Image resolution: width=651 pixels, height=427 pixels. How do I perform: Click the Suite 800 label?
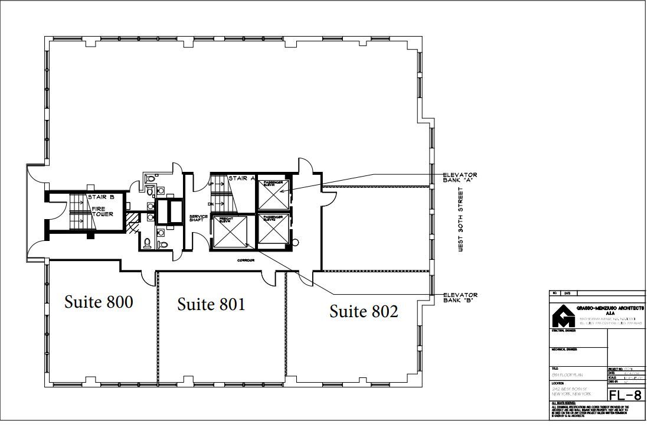click(x=99, y=302)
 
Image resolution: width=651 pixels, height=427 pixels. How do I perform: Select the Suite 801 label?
click(x=211, y=304)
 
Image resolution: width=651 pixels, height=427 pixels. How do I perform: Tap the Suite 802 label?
click(x=364, y=311)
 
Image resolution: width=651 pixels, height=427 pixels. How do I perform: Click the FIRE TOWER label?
click(x=102, y=211)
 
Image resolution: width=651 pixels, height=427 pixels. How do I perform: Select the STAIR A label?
click(x=242, y=178)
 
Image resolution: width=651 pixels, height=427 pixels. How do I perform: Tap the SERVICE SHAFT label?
click(x=198, y=219)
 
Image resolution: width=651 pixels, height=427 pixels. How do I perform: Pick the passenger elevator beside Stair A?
click(x=273, y=192)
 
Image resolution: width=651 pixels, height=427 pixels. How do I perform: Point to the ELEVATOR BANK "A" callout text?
click(x=460, y=177)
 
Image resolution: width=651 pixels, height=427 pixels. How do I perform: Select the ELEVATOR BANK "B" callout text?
click(x=460, y=297)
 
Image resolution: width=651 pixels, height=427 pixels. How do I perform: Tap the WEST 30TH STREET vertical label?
click(x=461, y=220)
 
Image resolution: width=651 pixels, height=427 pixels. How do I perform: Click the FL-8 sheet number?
click(x=626, y=395)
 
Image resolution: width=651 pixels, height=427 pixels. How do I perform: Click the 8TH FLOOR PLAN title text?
click(x=567, y=374)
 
